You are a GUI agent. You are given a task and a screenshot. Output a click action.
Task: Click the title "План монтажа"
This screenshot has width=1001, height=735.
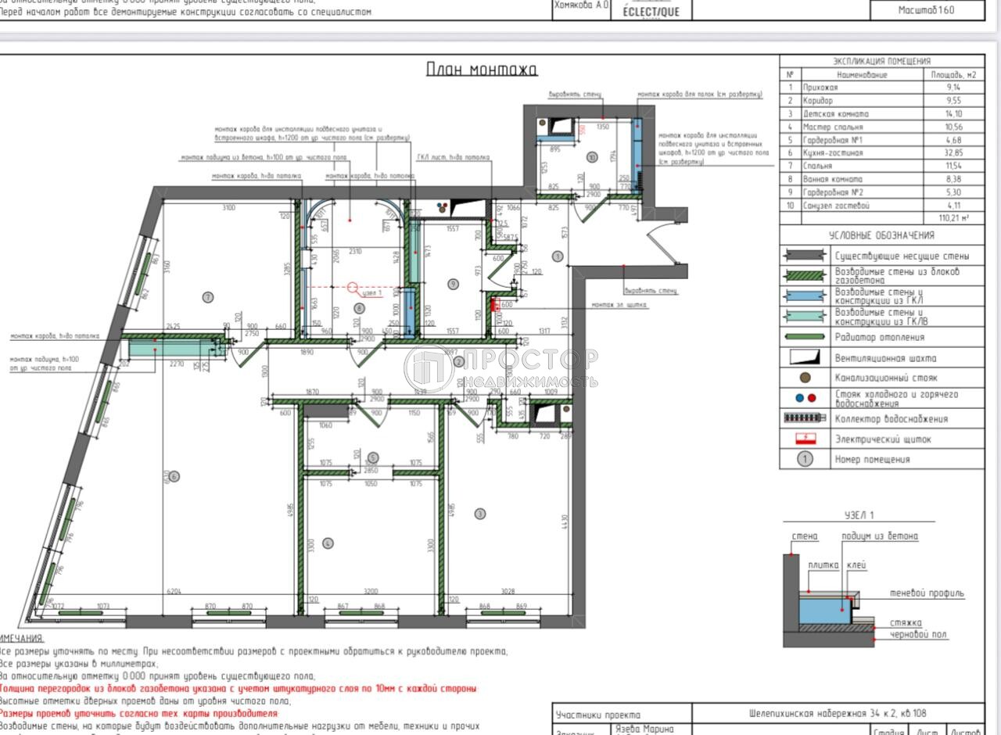click(x=482, y=70)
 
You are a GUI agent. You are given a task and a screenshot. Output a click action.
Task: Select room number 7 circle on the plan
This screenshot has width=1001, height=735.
click(x=207, y=296)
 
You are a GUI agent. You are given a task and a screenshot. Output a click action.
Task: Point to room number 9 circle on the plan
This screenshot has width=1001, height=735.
click(x=453, y=284)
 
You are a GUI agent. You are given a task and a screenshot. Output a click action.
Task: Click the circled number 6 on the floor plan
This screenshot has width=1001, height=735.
click(x=174, y=476)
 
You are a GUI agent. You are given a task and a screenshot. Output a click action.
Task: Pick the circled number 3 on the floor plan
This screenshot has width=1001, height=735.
click(x=480, y=514)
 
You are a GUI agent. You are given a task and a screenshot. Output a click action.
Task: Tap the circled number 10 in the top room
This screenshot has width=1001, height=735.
click(x=592, y=156)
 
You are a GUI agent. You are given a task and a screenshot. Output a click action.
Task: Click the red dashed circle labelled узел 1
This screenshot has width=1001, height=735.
click(x=353, y=289)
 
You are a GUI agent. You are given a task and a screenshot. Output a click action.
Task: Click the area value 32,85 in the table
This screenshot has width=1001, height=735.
click(x=953, y=153)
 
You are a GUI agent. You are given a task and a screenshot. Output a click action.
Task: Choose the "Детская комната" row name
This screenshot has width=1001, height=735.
click(x=836, y=113)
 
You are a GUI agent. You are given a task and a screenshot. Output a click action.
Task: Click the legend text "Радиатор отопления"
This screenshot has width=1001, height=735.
click(x=879, y=338)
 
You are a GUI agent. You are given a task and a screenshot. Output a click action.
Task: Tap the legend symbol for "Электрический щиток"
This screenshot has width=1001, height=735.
click(x=805, y=439)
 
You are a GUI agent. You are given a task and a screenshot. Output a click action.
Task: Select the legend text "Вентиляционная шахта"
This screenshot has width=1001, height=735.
click(x=885, y=358)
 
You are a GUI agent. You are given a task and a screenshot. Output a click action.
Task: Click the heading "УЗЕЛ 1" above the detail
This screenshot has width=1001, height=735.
click(x=859, y=515)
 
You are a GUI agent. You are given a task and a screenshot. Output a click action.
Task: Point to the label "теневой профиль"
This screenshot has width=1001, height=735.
click(x=927, y=593)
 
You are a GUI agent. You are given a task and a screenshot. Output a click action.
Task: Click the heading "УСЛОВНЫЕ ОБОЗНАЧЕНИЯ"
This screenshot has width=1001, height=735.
click(x=881, y=235)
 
